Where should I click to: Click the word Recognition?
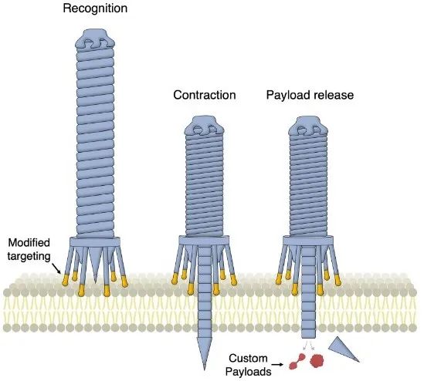point(95,8)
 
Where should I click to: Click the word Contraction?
point(205,95)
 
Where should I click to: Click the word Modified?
point(29,243)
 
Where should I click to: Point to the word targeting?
point(29,257)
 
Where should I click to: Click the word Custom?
point(248,359)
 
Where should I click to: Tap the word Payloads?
point(249,372)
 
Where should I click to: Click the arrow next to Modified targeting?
point(56,268)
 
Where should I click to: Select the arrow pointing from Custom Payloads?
point(278,365)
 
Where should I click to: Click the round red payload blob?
point(317,360)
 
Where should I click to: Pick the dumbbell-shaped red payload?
point(297,362)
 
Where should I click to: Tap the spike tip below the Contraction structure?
point(205,369)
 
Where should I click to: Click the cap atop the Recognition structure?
point(95,39)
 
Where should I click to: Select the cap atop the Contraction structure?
point(204,126)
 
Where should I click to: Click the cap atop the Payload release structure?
point(308,126)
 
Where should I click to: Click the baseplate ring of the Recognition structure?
point(95,242)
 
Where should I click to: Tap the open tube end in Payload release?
point(308,335)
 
